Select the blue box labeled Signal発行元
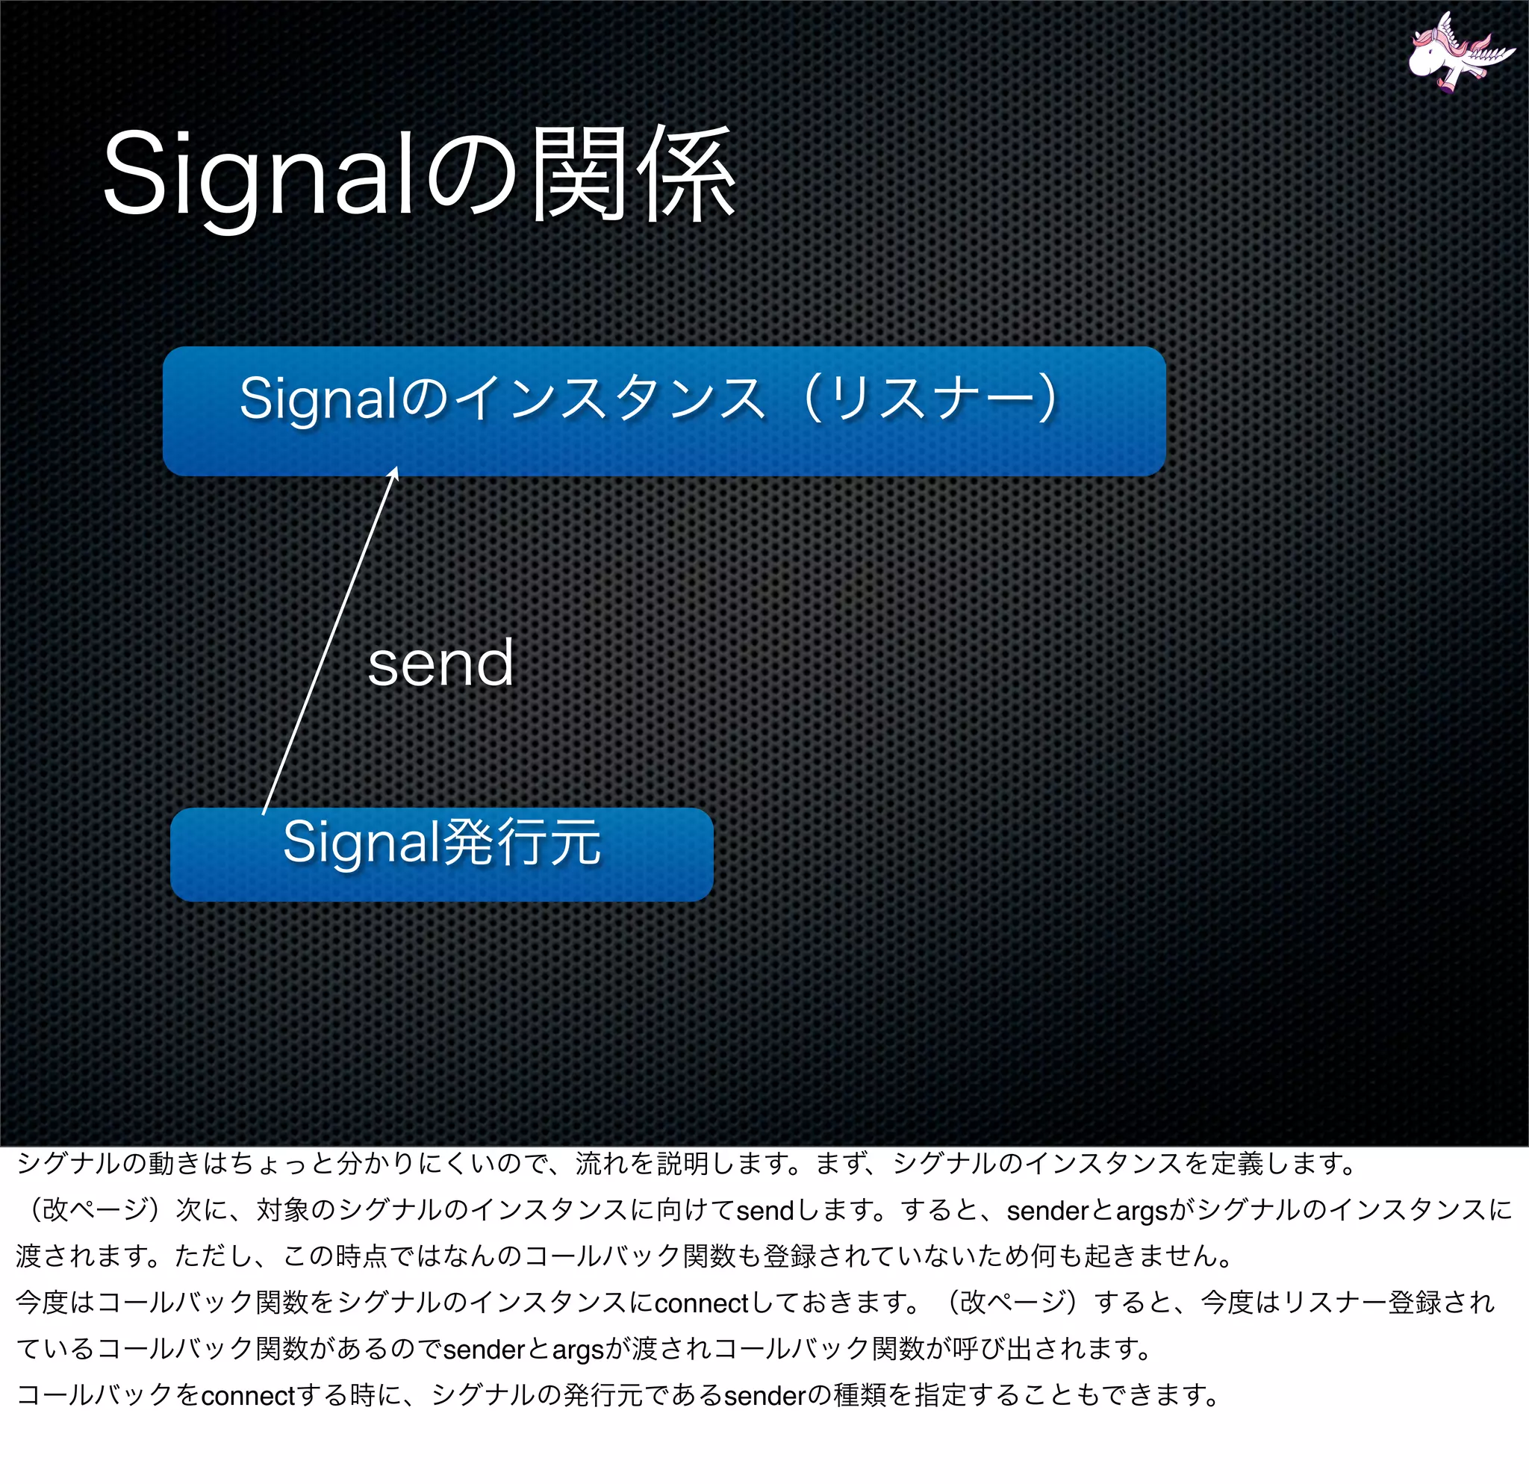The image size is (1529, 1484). tap(441, 854)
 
